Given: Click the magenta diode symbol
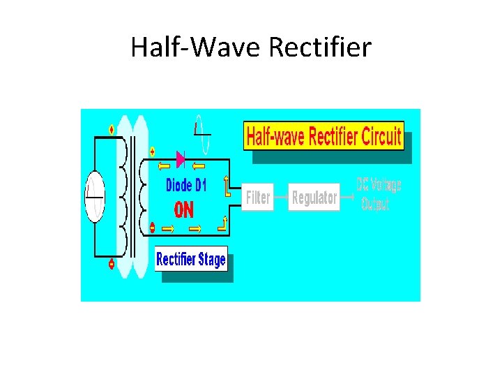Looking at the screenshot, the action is pos(181,160).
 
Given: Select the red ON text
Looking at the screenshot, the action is pos(183,210).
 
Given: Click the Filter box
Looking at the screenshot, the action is pos(258,198).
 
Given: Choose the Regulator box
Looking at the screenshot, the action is pos(314,198).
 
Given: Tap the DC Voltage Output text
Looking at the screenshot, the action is pos(379,195).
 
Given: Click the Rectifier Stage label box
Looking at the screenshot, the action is pos(191,260).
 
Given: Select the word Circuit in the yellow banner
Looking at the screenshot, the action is pos(373,136).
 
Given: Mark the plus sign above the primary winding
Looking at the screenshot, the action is pos(112,129).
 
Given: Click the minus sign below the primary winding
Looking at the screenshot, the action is pos(112,264).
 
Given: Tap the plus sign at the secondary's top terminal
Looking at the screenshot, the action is pos(153,151).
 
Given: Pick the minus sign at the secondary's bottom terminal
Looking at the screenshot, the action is pos(153,227).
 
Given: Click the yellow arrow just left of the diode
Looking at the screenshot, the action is pos(163,165).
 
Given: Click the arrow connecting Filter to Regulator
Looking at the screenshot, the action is pos(280,198).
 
